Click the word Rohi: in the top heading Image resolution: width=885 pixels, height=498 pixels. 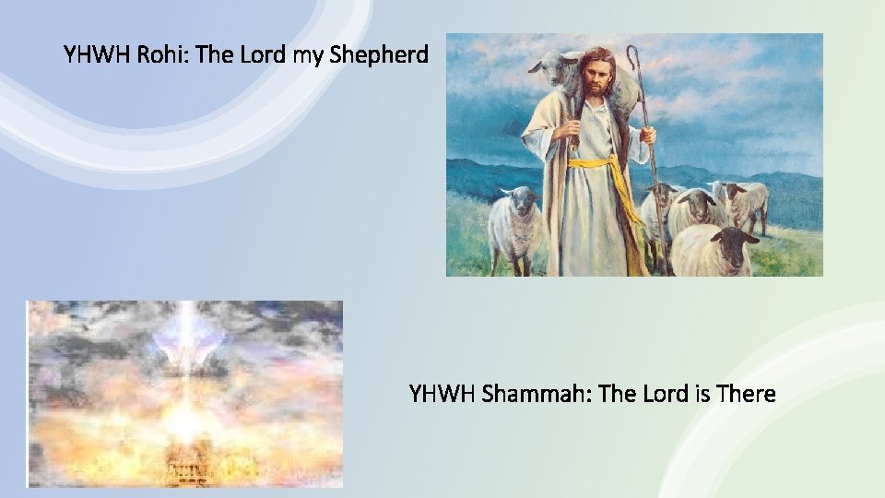(164, 55)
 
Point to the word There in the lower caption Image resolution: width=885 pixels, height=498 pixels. (743, 395)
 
